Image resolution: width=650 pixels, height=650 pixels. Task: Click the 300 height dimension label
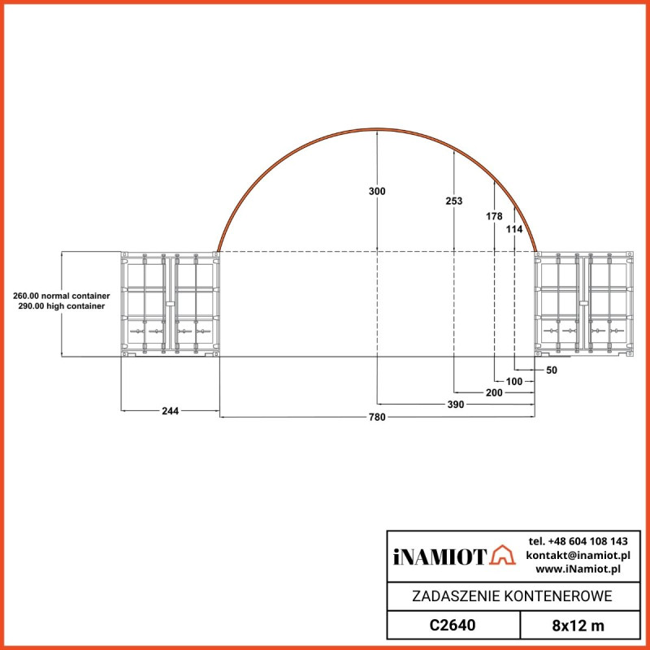click(377, 191)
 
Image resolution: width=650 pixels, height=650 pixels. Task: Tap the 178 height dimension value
click(493, 216)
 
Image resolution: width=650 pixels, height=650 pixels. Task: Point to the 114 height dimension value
click(514, 230)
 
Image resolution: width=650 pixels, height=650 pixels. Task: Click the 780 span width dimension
click(377, 417)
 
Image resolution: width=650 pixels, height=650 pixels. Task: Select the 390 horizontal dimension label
click(456, 404)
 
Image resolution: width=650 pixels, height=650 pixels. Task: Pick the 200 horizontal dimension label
click(493, 392)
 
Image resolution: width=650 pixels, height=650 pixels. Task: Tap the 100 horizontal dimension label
click(514, 380)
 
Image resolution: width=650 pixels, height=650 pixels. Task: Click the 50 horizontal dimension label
click(552, 370)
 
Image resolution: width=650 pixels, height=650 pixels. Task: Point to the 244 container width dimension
click(170, 411)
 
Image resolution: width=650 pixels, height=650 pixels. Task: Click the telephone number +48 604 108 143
click(578, 541)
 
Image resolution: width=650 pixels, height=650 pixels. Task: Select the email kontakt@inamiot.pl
click(578, 555)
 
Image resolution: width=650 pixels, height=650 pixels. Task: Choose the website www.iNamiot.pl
click(578, 569)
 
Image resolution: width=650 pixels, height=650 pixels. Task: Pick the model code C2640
click(452, 626)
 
